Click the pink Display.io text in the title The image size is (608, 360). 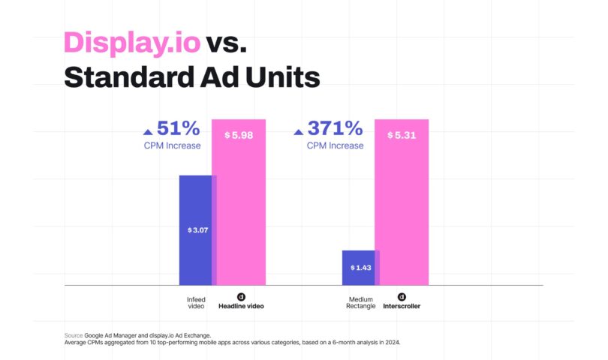[x=131, y=43]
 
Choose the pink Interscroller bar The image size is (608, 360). [x=402, y=217]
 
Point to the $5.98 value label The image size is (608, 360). [x=239, y=135]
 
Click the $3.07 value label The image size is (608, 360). [x=198, y=229]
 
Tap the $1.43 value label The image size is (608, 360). [x=361, y=267]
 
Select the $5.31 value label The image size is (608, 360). [x=402, y=135]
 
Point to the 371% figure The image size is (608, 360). [x=336, y=129]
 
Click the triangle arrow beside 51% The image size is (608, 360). [x=147, y=131]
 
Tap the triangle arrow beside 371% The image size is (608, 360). [x=298, y=131]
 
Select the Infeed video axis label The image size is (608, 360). [x=196, y=303]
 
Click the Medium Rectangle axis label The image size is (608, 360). [x=360, y=303]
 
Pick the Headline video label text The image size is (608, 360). [x=241, y=307]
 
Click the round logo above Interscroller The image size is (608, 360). [x=402, y=296]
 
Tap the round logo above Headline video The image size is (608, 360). [x=241, y=296]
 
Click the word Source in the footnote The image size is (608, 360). [x=73, y=335]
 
